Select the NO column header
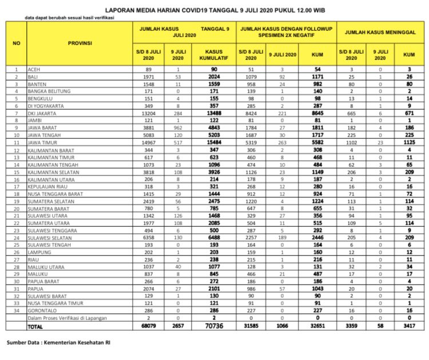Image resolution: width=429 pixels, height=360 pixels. [x=17, y=43]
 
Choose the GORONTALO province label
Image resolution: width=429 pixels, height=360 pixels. [x=46, y=310]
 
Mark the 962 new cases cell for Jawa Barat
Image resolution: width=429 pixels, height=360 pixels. [x=178, y=128]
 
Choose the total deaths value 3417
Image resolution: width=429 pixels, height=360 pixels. [x=408, y=326]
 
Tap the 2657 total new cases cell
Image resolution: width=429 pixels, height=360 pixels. [x=178, y=326]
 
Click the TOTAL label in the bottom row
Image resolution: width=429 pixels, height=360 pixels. [x=38, y=326]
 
